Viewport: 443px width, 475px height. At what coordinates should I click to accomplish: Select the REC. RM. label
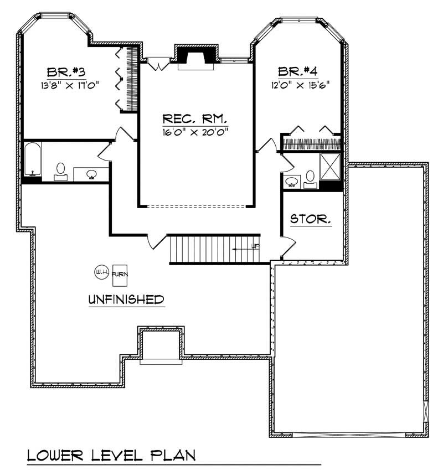(x=195, y=119)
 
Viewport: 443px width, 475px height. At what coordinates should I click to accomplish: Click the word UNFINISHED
(x=126, y=300)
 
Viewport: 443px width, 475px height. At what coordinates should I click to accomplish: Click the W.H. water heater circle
(x=101, y=272)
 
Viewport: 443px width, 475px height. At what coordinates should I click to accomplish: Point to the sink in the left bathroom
(x=91, y=174)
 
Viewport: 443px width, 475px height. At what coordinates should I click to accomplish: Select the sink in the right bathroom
(x=292, y=180)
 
